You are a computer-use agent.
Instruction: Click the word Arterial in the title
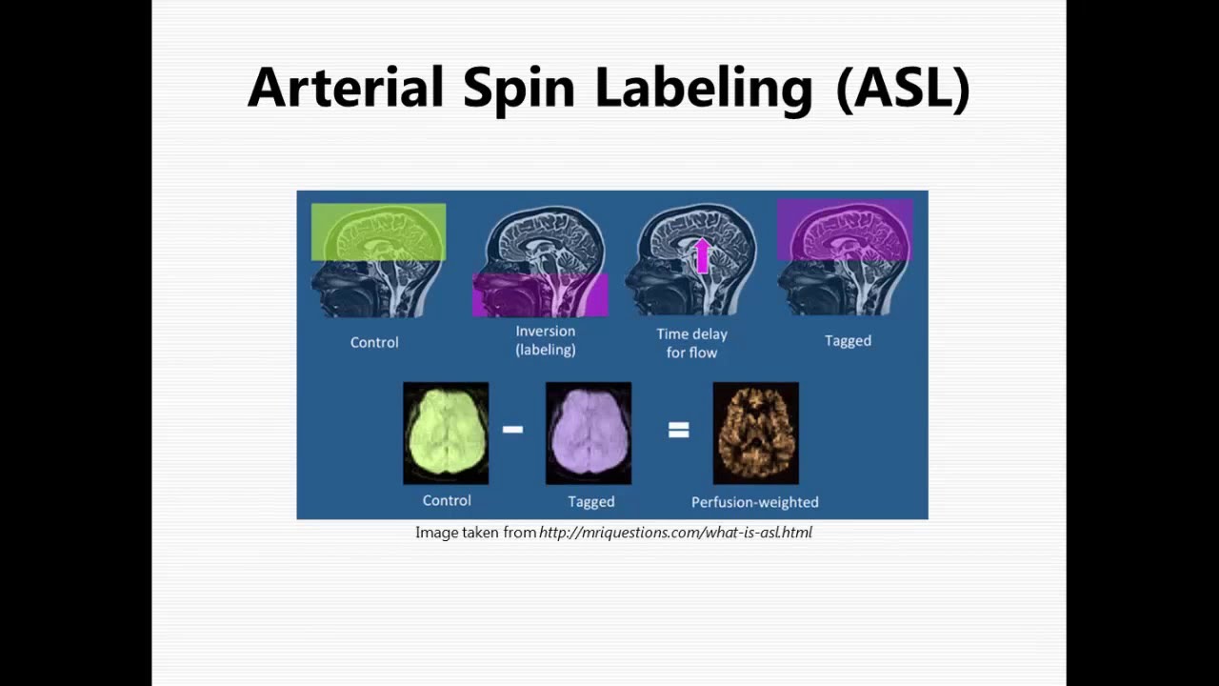click(346, 88)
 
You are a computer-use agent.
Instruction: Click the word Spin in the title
click(519, 88)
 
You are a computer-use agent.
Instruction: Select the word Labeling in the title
click(703, 88)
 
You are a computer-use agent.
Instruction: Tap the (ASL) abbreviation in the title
click(902, 88)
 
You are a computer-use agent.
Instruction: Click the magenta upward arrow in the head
click(703, 255)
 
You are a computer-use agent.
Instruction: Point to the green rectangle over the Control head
click(378, 232)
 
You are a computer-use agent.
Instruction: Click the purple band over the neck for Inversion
click(540, 294)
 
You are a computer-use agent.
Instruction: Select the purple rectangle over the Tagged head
click(845, 230)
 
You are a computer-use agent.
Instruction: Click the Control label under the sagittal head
click(374, 342)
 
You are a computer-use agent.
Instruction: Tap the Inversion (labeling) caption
click(546, 340)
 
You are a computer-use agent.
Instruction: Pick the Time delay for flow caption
click(691, 343)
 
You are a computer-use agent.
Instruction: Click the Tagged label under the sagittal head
click(848, 340)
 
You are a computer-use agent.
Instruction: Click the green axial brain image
click(446, 433)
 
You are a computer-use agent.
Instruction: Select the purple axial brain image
click(589, 433)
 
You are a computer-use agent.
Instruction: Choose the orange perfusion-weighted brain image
click(756, 433)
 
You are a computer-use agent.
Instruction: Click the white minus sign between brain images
click(512, 430)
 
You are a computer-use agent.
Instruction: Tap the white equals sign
click(678, 431)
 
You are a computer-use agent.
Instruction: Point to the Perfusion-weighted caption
click(755, 502)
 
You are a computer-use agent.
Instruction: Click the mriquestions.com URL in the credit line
click(675, 533)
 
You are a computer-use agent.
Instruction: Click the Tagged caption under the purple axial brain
click(591, 502)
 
